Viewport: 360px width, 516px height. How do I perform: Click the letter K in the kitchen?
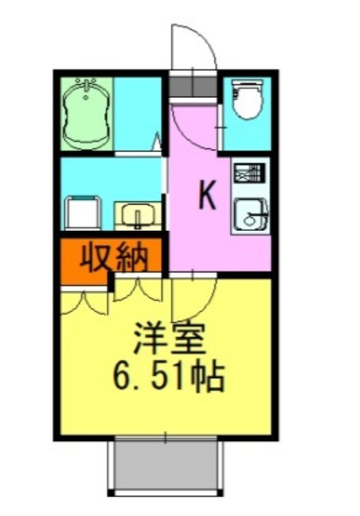pyautogui.click(x=207, y=196)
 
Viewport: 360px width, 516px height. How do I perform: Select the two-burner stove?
pyautogui.click(x=248, y=173)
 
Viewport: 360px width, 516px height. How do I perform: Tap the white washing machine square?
pyautogui.click(x=83, y=214)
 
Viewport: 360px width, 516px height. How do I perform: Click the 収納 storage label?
pyautogui.click(x=111, y=257)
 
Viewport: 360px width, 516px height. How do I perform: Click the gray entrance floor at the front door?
pyautogui.click(x=192, y=84)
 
